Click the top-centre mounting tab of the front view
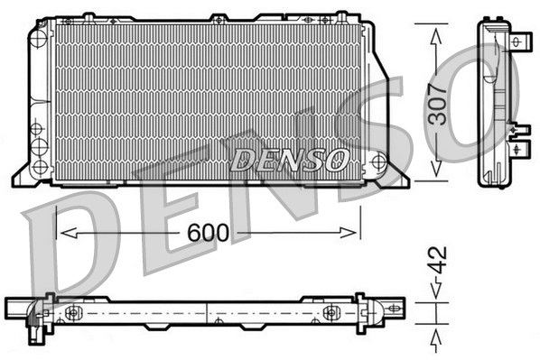click(x=218, y=17)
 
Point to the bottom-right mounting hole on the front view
click(x=379, y=162)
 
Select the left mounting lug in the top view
click(x=72, y=313)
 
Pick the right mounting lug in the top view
click(x=331, y=312)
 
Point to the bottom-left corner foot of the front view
click(x=20, y=178)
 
